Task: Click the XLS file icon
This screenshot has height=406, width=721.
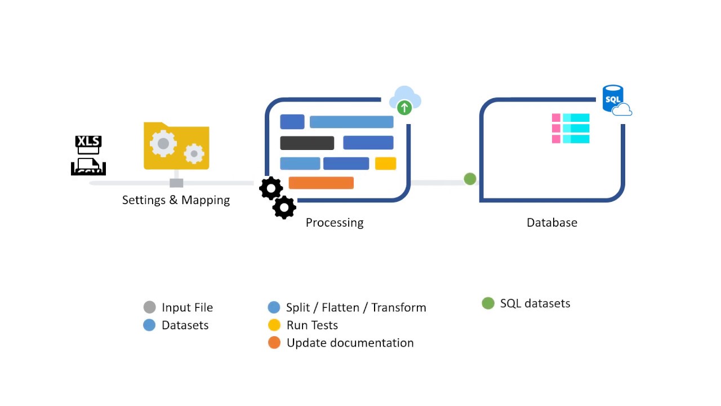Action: (88, 155)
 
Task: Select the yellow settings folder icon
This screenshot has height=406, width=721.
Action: (176, 146)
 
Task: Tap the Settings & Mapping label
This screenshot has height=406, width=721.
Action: (176, 200)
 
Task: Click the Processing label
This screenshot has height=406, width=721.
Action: (335, 223)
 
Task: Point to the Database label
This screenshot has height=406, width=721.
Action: (552, 223)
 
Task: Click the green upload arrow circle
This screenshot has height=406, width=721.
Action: (404, 107)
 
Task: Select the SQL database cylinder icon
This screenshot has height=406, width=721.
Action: (613, 99)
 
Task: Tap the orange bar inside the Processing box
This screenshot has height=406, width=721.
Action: (321, 183)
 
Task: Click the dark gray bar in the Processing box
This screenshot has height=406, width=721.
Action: (307, 143)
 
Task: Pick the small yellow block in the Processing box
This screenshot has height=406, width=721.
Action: (386, 164)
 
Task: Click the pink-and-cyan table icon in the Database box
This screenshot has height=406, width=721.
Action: (571, 129)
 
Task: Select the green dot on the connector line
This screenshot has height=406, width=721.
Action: (470, 179)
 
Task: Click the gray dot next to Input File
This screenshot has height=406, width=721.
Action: (149, 307)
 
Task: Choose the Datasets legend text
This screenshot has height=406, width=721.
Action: (185, 325)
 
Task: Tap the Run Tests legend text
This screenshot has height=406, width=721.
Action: (312, 325)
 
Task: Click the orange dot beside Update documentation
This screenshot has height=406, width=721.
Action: (274, 343)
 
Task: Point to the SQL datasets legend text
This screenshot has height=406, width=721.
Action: (535, 303)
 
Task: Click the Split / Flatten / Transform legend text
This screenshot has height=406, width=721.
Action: (356, 308)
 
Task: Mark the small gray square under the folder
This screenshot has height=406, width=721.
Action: (176, 183)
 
